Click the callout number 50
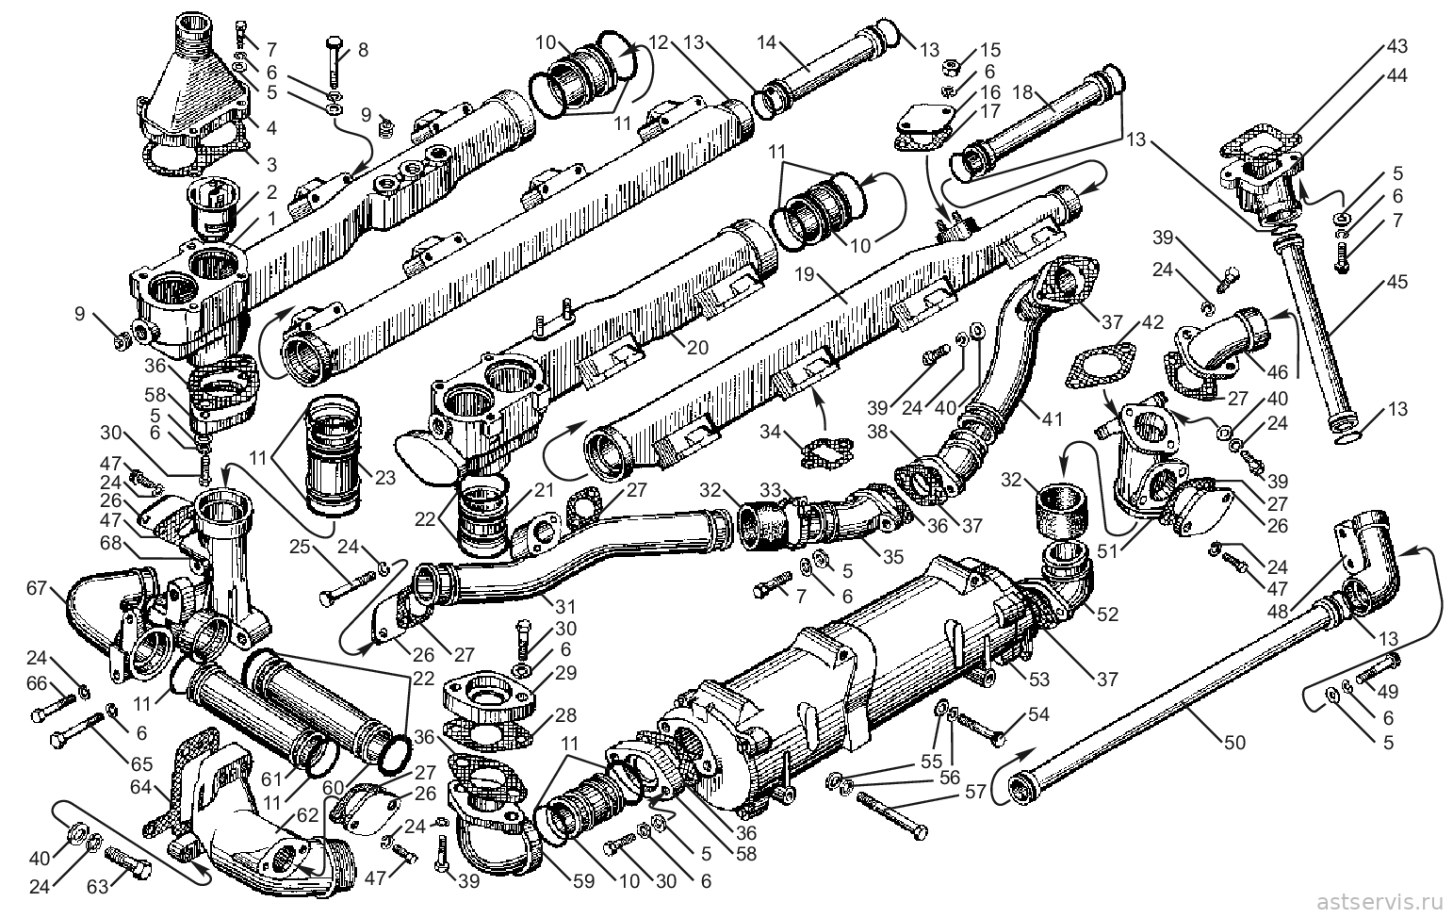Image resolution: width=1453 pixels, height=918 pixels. [1235, 742]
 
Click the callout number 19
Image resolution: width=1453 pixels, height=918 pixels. [804, 273]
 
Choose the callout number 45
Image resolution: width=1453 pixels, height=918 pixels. [1397, 282]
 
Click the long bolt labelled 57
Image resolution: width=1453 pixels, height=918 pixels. [892, 815]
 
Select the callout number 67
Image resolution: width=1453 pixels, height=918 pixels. [37, 588]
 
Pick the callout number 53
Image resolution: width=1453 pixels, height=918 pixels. [1039, 680]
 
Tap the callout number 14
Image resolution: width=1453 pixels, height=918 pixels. [767, 42]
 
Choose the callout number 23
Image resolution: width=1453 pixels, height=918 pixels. [385, 478]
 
